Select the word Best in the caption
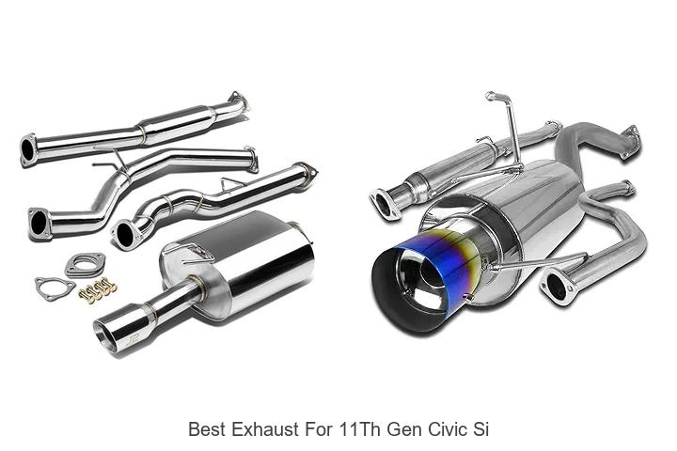tap(207, 429)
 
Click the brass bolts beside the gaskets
tap(97, 292)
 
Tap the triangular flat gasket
tap(54, 287)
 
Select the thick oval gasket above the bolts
tap(84, 266)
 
